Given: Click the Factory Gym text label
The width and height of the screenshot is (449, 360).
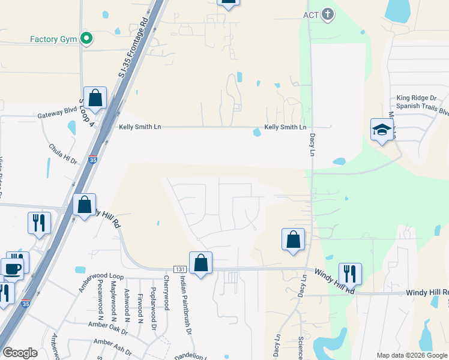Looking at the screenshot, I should (x=53, y=40).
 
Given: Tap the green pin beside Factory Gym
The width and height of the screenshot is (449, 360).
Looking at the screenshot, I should (x=86, y=39).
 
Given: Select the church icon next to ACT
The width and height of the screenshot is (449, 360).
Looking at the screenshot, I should (x=327, y=14).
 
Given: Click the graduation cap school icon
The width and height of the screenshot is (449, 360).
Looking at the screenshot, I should (x=381, y=130).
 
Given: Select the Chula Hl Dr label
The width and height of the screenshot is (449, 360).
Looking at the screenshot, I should (x=64, y=154).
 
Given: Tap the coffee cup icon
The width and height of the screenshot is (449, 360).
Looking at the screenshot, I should (x=12, y=269).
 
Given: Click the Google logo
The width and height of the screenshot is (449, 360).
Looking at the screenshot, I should (x=20, y=353).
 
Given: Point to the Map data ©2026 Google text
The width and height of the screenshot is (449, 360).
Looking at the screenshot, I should (x=412, y=355).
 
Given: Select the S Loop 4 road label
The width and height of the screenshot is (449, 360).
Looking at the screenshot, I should (x=88, y=113).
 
